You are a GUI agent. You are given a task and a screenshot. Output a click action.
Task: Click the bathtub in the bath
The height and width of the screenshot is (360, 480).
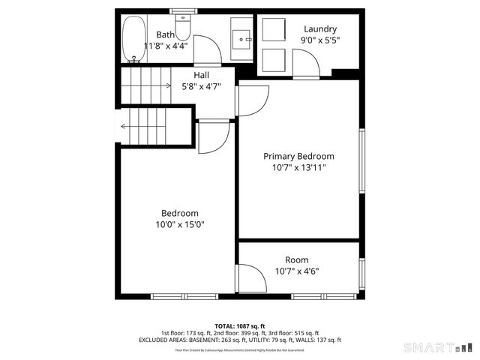tap(134, 39)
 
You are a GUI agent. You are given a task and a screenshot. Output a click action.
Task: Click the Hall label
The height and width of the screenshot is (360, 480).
tap(201, 75)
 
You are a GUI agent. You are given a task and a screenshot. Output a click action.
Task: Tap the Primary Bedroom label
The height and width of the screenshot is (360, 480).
tap(298, 156)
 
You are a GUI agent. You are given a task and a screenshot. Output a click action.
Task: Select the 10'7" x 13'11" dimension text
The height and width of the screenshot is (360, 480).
tap(298, 167)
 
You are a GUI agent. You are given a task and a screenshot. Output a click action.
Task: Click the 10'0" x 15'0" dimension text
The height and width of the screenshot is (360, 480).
tap(179, 224)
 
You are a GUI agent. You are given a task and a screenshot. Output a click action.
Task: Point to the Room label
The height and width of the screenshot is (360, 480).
tap(296, 260)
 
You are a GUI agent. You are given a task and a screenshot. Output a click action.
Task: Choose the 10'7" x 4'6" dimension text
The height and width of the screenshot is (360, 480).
tap(296, 271)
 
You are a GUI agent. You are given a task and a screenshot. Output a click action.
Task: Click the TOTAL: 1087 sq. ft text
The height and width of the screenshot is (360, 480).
tap(239, 325)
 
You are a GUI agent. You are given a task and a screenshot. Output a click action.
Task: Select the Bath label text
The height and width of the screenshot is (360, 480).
tap(165, 34)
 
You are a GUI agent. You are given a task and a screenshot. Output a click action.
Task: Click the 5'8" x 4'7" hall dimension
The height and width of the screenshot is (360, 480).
tap(201, 85)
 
